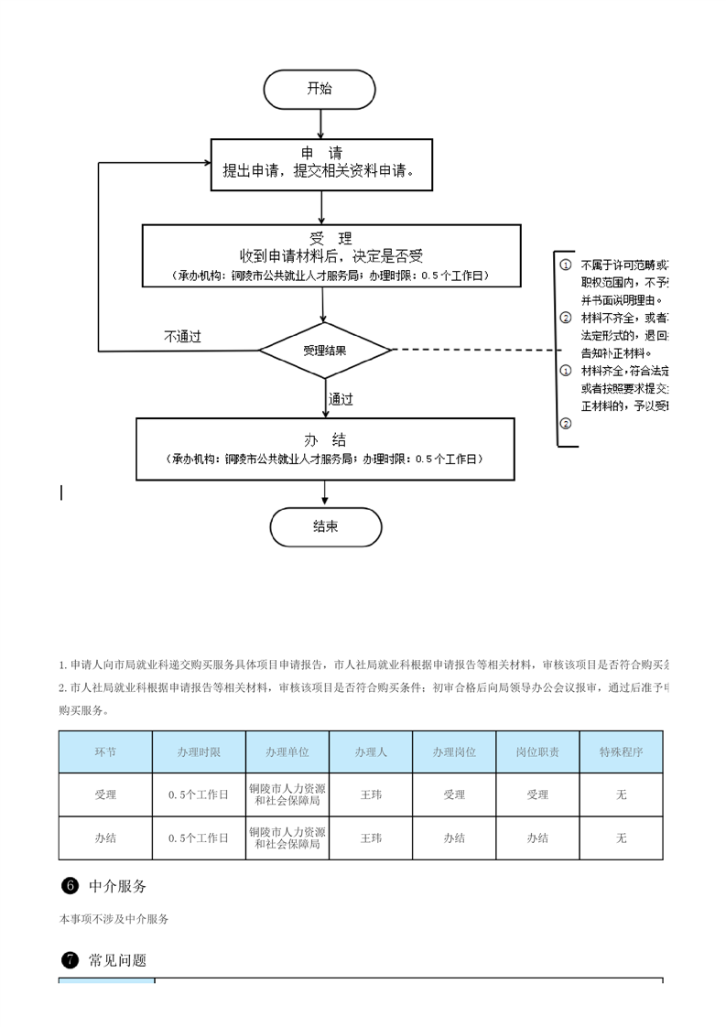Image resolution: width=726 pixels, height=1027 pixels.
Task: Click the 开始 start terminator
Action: [320, 90]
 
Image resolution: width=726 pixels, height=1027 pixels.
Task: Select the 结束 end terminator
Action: [325, 527]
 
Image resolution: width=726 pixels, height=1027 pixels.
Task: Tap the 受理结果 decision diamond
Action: [324, 350]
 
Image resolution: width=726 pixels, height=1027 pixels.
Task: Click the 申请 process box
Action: [320, 164]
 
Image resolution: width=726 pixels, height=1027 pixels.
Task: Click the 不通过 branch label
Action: [182, 337]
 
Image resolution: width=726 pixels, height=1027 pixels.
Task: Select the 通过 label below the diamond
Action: [341, 399]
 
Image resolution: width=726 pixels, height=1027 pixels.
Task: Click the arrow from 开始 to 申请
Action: [320, 124]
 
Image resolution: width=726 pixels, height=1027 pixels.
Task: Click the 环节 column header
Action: [105, 751]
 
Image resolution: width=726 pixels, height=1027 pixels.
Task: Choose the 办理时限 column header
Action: [199, 751]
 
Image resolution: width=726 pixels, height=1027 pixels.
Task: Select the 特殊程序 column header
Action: [621, 751]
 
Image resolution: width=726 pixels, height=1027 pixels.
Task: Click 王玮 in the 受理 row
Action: [371, 795]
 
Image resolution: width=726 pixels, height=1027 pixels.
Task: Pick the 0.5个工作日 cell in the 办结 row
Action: [199, 838]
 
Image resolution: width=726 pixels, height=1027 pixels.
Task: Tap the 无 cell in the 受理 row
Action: [621, 795]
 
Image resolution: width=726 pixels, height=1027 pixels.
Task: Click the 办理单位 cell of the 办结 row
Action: [287, 838]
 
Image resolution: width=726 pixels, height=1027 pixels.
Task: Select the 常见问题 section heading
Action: [117, 960]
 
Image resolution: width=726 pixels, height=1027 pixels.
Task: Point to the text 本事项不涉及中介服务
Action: [114, 919]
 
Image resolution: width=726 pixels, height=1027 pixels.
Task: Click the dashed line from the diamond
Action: [471, 350]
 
